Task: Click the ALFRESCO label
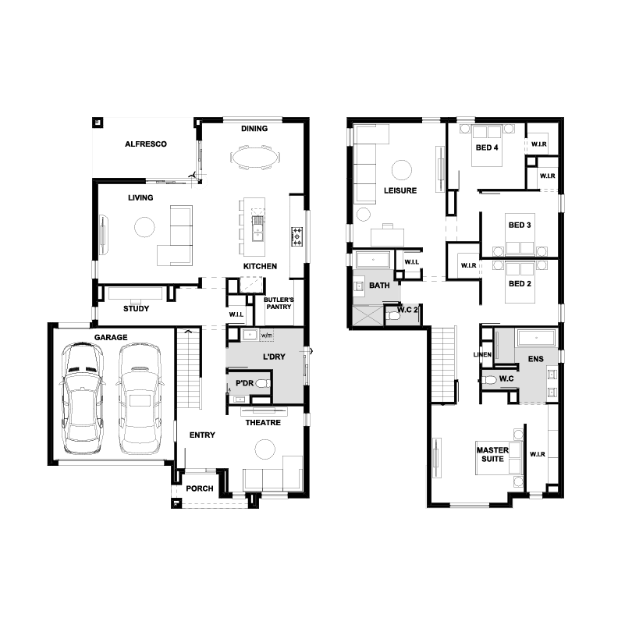coord(146,144)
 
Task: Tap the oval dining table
coord(255,158)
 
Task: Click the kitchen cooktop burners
coord(297,236)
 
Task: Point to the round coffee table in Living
coord(144,227)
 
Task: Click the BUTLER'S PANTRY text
coord(279,303)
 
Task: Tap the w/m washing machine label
coord(267,336)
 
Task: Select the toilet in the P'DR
coord(263,383)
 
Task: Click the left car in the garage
coord(82,398)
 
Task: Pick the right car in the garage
coord(140,398)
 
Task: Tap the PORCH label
coord(200,488)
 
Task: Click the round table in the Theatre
coord(265,449)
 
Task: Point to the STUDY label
coord(137,308)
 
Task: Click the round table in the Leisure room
coord(401,170)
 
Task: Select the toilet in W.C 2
coord(394,316)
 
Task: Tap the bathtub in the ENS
coord(537,338)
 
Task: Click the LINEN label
coord(482,354)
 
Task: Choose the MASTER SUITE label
coord(492,454)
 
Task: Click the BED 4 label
coord(487,147)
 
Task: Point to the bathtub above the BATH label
coord(373,260)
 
